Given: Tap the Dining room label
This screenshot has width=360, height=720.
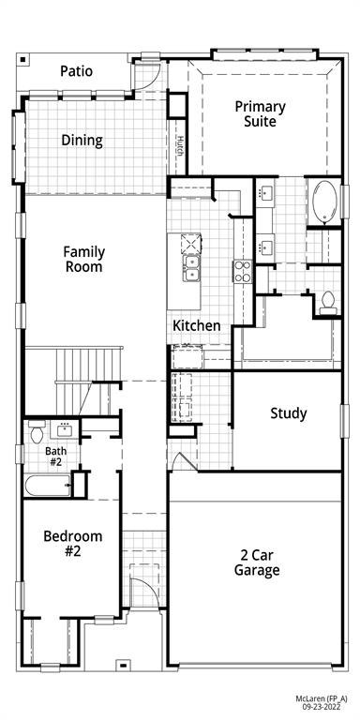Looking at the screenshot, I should click(x=82, y=141).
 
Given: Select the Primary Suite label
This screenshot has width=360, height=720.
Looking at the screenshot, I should click(x=260, y=113).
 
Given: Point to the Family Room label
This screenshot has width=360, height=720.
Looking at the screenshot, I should click(x=83, y=259).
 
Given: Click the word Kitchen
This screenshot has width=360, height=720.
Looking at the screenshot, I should click(x=197, y=325).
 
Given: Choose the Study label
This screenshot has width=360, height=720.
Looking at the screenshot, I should click(x=288, y=413).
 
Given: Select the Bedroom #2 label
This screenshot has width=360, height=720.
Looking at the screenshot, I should click(x=72, y=544).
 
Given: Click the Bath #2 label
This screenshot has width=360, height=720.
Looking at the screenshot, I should click(x=55, y=457).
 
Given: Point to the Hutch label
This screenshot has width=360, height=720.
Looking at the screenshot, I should click(x=179, y=146).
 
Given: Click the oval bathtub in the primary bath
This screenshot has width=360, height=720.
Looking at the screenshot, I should click(x=324, y=202).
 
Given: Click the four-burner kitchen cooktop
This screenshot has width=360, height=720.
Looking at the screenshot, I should click(x=242, y=273).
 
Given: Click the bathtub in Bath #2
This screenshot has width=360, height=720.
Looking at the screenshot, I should click(x=48, y=486).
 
